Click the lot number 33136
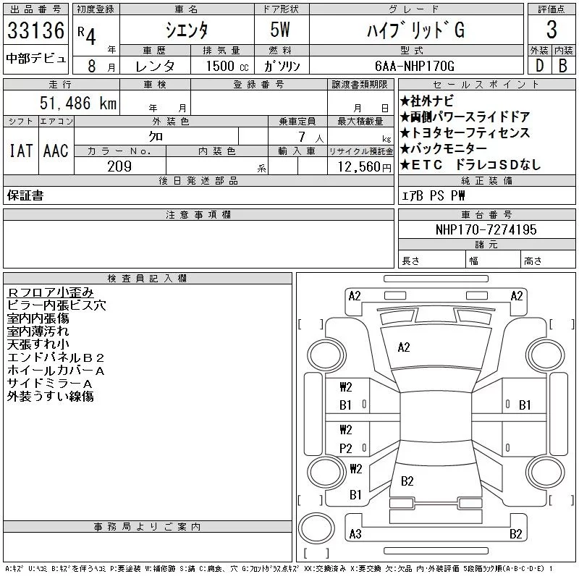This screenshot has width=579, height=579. [x=35, y=30]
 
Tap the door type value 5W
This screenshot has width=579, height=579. [x=282, y=30]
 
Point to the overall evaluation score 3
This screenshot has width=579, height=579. [x=551, y=30]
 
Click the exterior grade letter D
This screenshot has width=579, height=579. [x=539, y=65]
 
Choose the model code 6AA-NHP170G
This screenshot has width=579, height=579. [x=415, y=66]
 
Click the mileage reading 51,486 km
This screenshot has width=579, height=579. [x=75, y=103]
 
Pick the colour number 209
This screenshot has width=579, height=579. [x=119, y=166]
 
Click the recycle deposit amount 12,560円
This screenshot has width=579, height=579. [x=360, y=166]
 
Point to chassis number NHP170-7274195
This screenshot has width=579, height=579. [x=486, y=229]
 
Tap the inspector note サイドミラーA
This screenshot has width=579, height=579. [x=49, y=384]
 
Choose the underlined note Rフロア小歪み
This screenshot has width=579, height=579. [x=50, y=292]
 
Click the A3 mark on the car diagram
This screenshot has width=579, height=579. [x=355, y=534]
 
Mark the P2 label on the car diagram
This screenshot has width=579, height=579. [x=345, y=449]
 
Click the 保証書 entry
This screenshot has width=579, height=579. [x=25, y=195]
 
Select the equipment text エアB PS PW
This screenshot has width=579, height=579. [x=434, y=196]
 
